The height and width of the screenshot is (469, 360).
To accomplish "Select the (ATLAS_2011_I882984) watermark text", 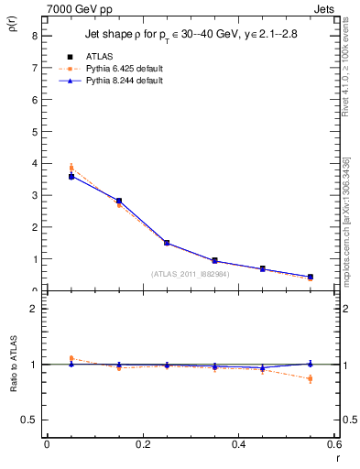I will click(x=190, y=273).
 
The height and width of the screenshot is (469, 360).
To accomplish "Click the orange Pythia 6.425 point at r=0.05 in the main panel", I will click(x=71, y=169).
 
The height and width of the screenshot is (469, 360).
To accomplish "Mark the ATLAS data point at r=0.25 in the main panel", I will click(x=167, y=243).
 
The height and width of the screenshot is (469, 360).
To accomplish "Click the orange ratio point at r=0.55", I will click(x=311, y=378).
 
